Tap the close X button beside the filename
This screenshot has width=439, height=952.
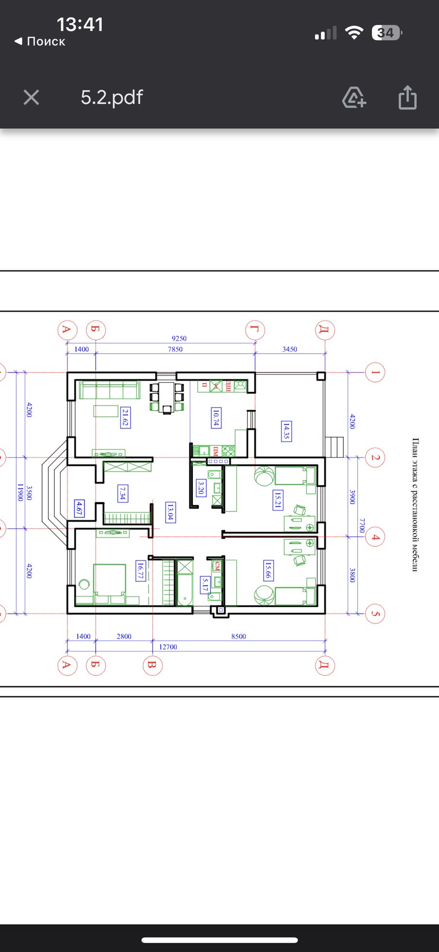(x=32, y=98)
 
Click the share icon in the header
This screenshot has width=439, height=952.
(x=407, y=97)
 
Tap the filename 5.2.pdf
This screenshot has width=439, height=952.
(x=112, y=98)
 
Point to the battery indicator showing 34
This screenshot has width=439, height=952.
(x=387, y=33)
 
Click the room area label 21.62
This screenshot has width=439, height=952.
(x=125, y=418)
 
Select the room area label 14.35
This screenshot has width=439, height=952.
(x=287, y=431)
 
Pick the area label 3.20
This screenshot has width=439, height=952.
(x=201, y=488)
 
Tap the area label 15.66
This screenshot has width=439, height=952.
(x=268, y=570)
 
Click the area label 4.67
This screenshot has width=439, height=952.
(x=79, y=509)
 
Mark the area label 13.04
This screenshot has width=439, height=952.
(x=170, y=512)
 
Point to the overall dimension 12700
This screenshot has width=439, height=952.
(x=168, y=647)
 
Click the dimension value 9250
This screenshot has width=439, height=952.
(x=179, y=339)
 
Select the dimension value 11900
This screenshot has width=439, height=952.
(x=20, y=492)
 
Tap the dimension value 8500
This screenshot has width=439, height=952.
(x=238, y=636)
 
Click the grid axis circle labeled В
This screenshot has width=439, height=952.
(x=152, y=665)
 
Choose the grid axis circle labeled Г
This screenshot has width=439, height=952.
(x=255, y=330)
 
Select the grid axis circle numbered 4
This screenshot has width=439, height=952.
(x=375, y=537)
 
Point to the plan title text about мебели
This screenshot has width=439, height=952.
(x=415, y=505)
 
